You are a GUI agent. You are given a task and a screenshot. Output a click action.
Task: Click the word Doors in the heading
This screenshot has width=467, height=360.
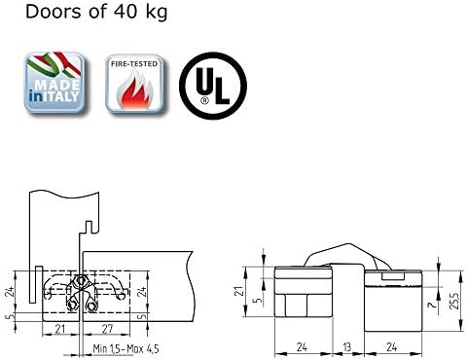54,11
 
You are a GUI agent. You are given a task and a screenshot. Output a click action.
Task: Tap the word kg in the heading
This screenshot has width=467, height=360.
156,13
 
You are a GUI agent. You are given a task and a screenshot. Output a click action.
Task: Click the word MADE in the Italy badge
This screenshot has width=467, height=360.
56,85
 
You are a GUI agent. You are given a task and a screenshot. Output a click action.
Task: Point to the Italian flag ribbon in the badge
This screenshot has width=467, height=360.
54,65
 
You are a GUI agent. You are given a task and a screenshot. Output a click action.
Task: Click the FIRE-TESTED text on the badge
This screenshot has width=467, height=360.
134,64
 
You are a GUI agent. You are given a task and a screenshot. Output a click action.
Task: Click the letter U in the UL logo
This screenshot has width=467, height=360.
205,82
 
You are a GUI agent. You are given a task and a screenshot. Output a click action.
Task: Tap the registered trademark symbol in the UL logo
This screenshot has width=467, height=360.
205,100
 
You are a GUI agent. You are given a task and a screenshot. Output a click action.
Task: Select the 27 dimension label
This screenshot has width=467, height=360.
107,329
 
